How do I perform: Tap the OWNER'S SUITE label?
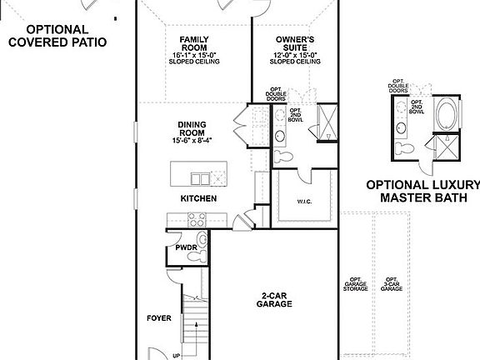click(295, 43)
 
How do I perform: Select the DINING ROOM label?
click(192, 129)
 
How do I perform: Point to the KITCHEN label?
click(198, 198)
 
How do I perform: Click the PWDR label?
click(185, 247)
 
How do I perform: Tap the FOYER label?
click(158, 317)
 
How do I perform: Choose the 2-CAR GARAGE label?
click(274, 299)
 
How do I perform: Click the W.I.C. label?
click(304, 200)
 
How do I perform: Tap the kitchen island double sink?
click(200, 177)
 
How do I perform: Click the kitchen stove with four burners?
click(197, 220)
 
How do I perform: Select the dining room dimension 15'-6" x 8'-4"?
click(192, 141)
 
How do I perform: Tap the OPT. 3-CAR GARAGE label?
click(392, 286)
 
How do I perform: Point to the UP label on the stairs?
click(176, 356)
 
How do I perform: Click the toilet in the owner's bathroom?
click(281, 156)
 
